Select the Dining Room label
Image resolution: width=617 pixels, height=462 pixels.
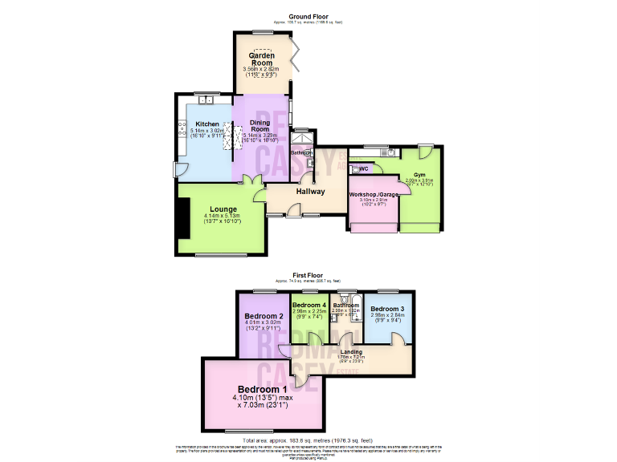259,125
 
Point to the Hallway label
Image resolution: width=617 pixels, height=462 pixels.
311,192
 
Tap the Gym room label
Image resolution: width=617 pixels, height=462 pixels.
419,174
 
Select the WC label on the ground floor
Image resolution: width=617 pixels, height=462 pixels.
363,169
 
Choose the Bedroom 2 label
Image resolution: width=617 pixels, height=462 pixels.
264,316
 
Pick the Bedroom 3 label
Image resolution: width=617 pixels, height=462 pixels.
387,309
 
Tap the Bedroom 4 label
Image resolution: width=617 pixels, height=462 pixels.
309,306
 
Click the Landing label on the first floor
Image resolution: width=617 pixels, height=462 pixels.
351,352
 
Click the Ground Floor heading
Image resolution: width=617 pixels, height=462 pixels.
308,16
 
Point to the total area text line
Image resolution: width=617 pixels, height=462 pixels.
308,440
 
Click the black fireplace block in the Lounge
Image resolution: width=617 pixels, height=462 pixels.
184,218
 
